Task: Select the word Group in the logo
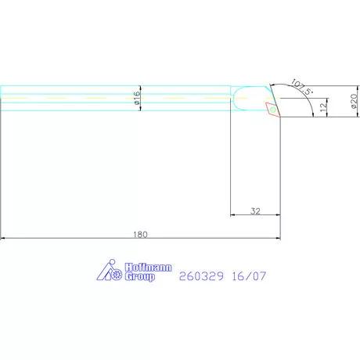pos(139,277)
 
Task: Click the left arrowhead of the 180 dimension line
pos(4,238)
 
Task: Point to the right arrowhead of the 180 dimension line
pos(279,238)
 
